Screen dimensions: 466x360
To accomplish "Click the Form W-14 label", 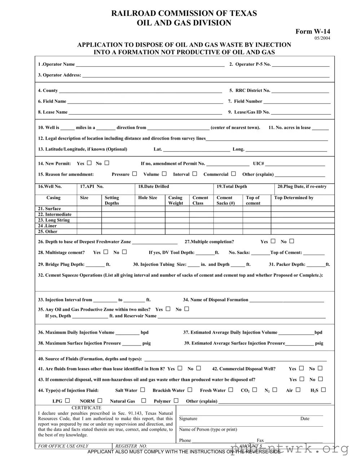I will point(312,31).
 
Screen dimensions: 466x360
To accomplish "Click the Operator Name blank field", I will point(150,65).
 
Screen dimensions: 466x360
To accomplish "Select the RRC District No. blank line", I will point(300,91).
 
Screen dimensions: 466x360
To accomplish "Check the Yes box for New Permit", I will point(89,163).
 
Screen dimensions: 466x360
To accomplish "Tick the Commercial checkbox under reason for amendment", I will point(233,174).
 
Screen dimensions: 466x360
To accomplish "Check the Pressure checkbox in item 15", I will point(135,174).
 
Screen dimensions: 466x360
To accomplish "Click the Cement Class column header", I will point(200,200).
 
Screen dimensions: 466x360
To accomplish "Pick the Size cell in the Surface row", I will point(89,209).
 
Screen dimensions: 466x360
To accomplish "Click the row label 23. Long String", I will point(54,220).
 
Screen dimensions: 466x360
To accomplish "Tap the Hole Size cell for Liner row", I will point(150,226).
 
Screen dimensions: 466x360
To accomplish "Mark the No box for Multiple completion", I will point(291,241).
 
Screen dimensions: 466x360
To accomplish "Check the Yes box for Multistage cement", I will point(106,252).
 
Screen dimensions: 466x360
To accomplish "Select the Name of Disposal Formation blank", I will point(286,300).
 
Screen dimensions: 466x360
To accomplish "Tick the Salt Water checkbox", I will point(142,390).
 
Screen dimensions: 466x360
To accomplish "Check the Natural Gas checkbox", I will point(144,401).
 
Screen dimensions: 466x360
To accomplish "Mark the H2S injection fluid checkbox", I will point(323,390).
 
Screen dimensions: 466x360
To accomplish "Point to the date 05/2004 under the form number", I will point(322,38).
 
